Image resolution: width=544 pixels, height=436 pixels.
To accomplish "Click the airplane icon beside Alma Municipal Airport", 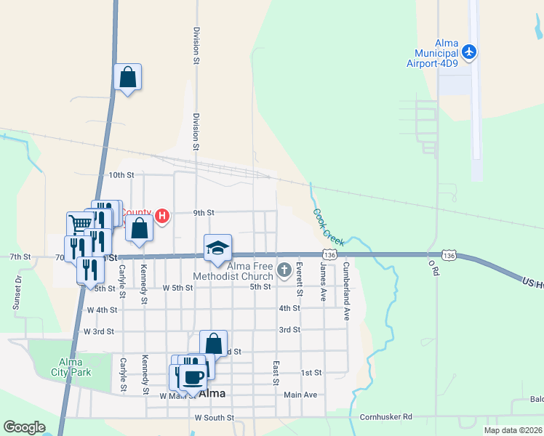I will [x=470, y=52].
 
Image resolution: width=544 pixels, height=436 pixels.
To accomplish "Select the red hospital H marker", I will [x=163, y=216].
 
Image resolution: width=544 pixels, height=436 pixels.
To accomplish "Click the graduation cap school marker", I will [x=217, y=249].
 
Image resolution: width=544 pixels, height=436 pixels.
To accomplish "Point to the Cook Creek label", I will [x=329, y=226].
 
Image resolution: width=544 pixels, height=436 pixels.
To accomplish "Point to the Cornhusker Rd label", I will [x=386, y=417].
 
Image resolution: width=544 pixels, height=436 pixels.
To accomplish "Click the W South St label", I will [x=215, y=418].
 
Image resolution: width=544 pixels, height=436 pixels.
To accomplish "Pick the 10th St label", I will [x=121, y=175].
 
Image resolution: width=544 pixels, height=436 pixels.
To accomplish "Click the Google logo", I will [x=24, y=427].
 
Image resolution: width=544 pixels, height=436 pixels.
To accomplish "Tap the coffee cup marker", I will [x=192, y=378].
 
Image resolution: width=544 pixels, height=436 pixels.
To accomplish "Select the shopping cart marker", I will [x=80, y=223].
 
